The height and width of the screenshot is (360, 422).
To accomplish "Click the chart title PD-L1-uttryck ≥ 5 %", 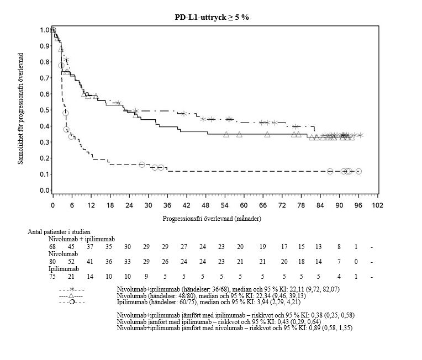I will point(212,17).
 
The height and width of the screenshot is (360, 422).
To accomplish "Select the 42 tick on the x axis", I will point(187,204).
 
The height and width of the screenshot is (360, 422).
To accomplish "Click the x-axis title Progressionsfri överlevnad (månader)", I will point(212,218).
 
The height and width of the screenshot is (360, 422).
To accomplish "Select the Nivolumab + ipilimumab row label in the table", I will point(81,239).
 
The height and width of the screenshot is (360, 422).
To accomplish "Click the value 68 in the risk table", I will point(53,246).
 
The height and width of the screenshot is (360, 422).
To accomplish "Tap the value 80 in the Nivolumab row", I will point(53,261).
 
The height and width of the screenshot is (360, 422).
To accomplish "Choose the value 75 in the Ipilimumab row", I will point(53,276).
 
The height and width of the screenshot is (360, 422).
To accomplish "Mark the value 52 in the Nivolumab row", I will point(72,261).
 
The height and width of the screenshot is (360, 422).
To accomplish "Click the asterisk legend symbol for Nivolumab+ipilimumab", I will point(72,289).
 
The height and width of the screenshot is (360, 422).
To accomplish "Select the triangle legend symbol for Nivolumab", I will point(72,296).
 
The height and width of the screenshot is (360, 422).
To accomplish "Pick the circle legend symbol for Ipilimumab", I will point(72,303).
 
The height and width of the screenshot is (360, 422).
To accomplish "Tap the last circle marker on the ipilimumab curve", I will point(358,172).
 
